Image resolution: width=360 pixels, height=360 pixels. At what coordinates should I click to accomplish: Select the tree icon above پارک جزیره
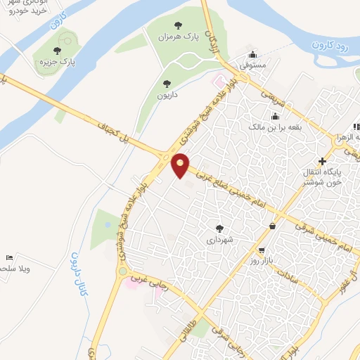pyautogui.click(x=58, y=50)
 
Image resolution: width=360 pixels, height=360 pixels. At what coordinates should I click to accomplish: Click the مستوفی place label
pyautogui.click(x=252, y=65)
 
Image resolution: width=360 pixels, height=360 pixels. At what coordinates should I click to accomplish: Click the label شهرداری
pyautogui.click(x=220, y=240)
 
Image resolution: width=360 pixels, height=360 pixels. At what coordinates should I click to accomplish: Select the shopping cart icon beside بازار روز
pyautogui.click(x=262, y=250)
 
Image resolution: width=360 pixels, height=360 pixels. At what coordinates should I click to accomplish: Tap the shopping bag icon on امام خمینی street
pyautogui.click(x=272, y=226)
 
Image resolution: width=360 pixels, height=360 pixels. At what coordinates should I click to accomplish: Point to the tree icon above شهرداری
pyautogui.click(x=220, y=228)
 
